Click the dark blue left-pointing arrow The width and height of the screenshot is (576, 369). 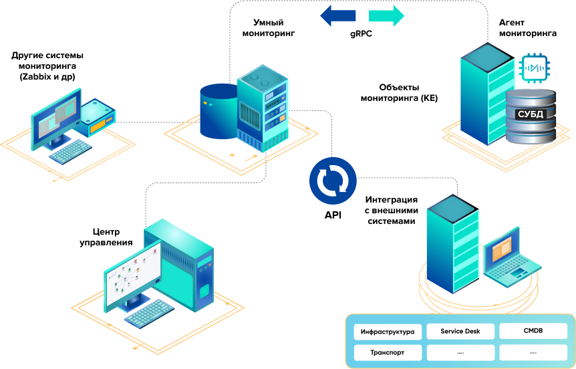pyautogui.click(x=337, y=15)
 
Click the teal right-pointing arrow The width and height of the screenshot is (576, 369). pyautogui.click(x=387, y=15)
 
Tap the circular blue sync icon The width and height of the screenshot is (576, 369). pyautogui.click(x=333, y=180)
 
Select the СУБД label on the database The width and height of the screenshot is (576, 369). pyautogui.click(x=531, y=114)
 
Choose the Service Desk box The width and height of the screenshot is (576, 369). pyautogui.click(x=460, y=331)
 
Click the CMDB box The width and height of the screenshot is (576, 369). pyautogui.click(x=533, y=331)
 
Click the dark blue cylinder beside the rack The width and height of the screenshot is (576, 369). pyautogui.click(x=219, y=111)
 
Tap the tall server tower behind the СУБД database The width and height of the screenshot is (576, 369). pyautogui.click(x=482, y=94)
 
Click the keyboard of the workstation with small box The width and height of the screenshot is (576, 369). pyautogui.click(x=71, y=151)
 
